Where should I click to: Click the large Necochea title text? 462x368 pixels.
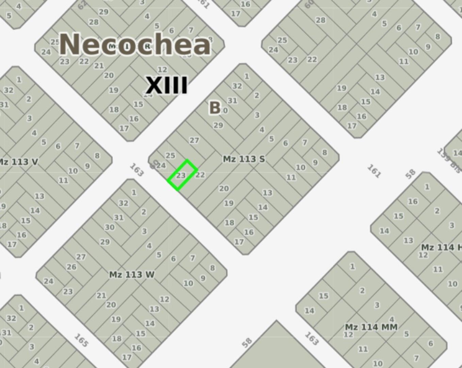[x=135, y=44]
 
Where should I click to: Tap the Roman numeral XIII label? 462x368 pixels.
[x=166, y=85]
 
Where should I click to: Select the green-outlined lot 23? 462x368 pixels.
[x=182, y=175]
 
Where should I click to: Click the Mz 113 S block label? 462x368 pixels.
[x=244, y=159]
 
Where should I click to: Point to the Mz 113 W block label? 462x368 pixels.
[x=132, y=274]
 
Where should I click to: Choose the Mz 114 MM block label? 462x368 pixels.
[x=371, y=327]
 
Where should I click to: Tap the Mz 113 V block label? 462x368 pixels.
[x=19, y=162]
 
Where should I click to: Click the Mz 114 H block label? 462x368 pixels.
[x=441, y=247]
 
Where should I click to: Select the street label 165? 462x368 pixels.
[x=81, y=340]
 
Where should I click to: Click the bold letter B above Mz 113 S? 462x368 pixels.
[x=215, y=108]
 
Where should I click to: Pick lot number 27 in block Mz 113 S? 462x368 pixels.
[x=194, y=140]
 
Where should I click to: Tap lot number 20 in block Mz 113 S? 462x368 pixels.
[x=224, y=188]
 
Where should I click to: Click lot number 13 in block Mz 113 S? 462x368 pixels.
[x=267, y=193]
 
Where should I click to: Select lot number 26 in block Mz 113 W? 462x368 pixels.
[x=71, y=267]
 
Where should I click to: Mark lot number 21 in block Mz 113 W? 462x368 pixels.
[x=101, y=295]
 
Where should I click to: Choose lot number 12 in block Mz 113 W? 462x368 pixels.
[x=164, y=299]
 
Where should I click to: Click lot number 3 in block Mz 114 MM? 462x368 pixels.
[x=377, y=305]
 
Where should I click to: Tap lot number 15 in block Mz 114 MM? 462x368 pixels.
[x=323, y=296]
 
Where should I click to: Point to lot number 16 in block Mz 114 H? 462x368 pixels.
[x=413, y=201]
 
